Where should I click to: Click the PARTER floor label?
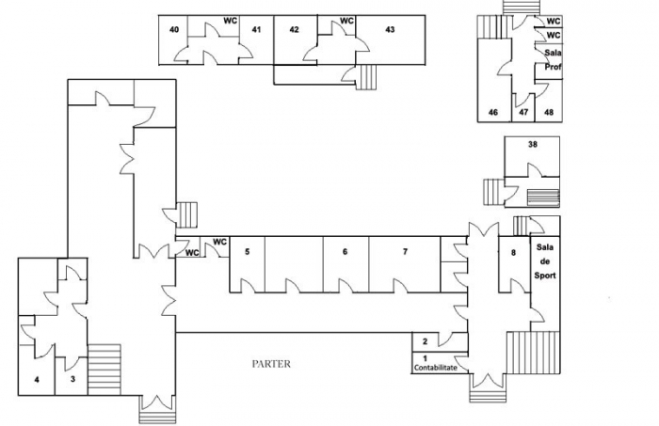(x=271, y=364)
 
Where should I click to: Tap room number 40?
(x=174, y=29)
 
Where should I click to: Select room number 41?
(x=256, y=29)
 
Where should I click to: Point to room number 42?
(x=294, y=29)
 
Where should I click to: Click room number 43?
(x=390, y=29)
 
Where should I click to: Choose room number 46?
(x=493, y=113)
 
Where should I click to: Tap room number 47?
(x=523, y=113)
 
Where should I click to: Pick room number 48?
(x=549, y=113)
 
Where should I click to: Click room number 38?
(x=533, y=145)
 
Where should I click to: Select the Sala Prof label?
(x=554, y=60)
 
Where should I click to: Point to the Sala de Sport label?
(x=545, y=261)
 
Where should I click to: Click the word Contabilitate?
(x=435, y=368)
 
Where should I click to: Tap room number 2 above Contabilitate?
(x=425, y=341)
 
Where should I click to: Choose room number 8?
(x=513, y=253)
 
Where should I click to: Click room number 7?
(x=405, y=251)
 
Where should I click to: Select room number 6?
(x=346, y=251)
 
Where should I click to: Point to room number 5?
(x=247, y=251)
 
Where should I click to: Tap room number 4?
(x=37, y=380)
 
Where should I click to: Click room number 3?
(x=72, y=379)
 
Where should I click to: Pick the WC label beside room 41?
(x=230, y=21)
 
